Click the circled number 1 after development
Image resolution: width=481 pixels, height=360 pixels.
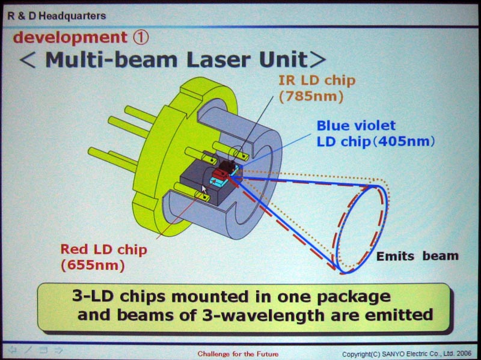tap(141, 37)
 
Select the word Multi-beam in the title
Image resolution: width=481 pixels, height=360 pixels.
tap(111, 59)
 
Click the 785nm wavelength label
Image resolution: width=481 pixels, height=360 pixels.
tap(311, 96)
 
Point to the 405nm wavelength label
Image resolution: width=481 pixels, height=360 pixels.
tap(404, 141)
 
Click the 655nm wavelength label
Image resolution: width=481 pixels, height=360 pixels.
tap(93, 265)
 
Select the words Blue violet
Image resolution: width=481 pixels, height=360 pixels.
tap(356, 126)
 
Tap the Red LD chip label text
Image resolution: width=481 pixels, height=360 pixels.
tap(103, 249)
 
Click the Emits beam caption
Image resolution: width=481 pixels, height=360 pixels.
tap(417, 256)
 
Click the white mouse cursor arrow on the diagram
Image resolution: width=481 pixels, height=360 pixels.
tap(204, 189)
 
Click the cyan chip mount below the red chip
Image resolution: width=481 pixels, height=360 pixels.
tap(219, 182)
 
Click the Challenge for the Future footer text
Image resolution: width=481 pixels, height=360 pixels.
tap(238, 353)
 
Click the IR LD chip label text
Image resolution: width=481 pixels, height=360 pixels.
tap(317, 81)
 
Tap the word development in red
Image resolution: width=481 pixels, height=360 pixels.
tap(70, 38)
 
